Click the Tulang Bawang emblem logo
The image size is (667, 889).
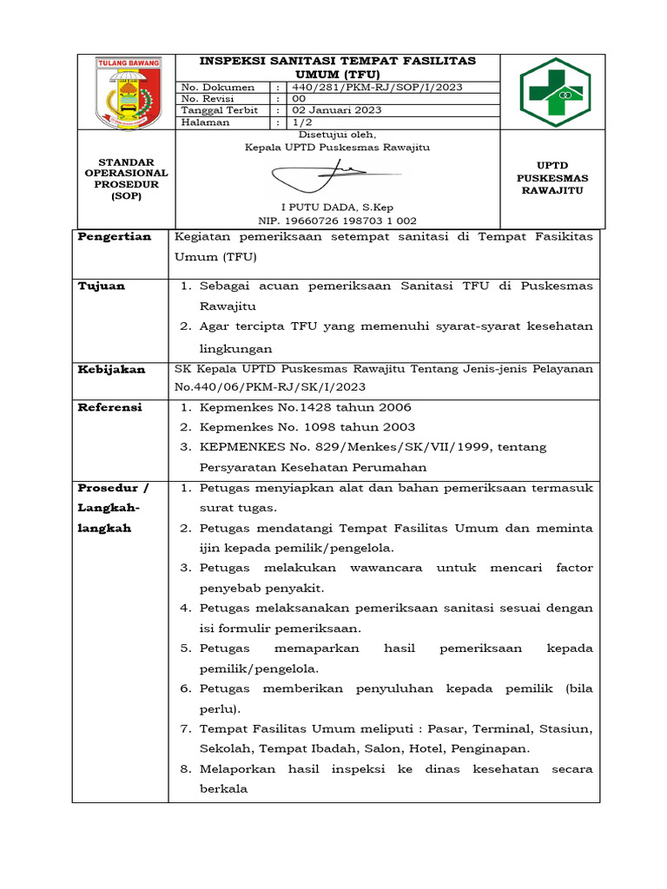click(x=126, y=91)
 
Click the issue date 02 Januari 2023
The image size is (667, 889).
click(x=336, y=110)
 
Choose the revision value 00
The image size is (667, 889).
click(x=300, y=99)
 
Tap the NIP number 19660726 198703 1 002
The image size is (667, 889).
click(x=338, y=221)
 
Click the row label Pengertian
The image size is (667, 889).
click(x=115, y=236)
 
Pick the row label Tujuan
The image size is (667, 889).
click(x=102, y=286)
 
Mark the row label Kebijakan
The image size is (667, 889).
click(x=112, y=369)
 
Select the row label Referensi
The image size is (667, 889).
click(x=110, y=406)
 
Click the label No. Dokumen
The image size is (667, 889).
click(x=217, y=87)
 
